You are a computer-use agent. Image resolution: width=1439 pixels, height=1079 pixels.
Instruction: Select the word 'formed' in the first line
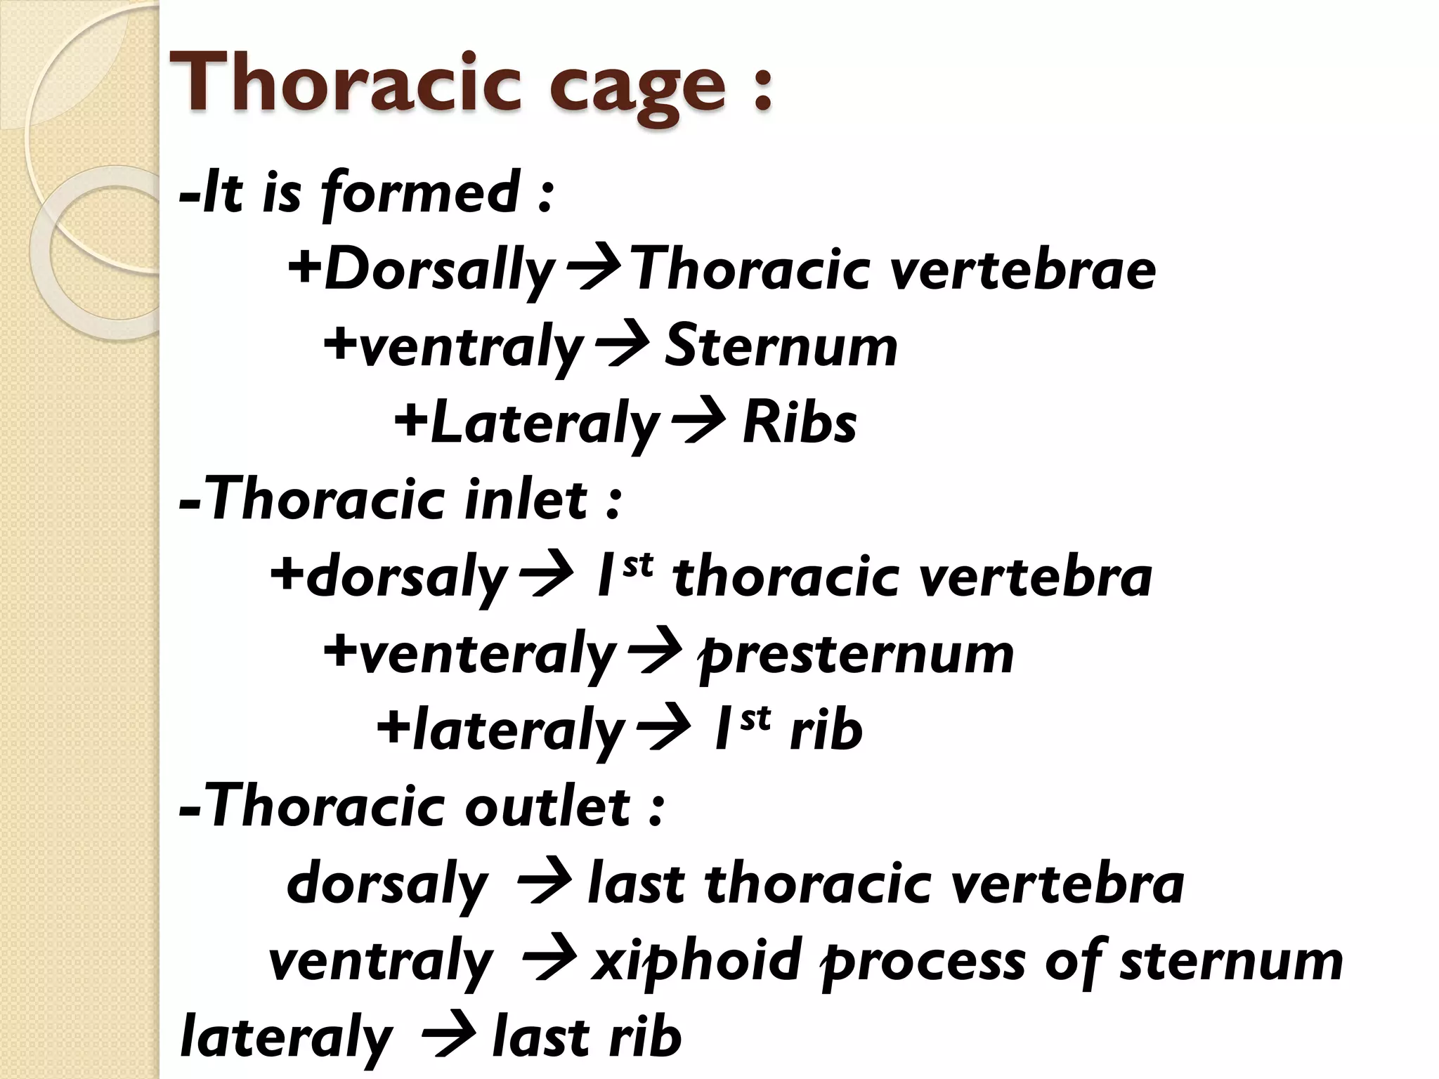(x=422, y=194)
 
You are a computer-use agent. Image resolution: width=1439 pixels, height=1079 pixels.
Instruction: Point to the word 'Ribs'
(x=800, y=424)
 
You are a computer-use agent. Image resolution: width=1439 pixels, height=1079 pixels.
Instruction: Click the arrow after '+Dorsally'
(x=594, y=269)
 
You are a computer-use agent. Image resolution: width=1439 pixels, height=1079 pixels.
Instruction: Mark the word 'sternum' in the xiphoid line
(x=1231, y=961)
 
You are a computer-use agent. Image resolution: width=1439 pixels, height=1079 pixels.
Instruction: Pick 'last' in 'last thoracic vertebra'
(x=636, y=884)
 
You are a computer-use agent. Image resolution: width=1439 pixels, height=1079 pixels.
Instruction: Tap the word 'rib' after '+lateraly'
(x=826, y=731)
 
